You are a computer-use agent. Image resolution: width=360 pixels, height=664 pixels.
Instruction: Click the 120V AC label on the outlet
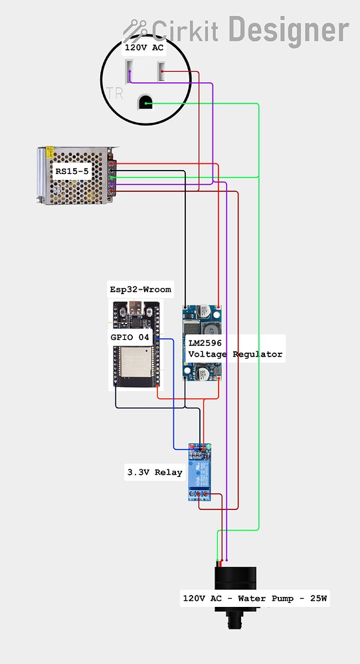click(x=143, y=48)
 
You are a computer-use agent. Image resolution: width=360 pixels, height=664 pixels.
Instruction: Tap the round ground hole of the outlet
click(x=144, y=102)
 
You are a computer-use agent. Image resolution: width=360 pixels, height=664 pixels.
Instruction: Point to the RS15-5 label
click(x=71, y=171)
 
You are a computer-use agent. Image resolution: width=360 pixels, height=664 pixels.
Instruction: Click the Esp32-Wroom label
click(x=140, y=290)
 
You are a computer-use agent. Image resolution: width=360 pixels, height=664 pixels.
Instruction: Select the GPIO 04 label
click(x=130, y=337)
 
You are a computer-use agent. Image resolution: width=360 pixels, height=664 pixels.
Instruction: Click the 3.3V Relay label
click(x=154, y=473)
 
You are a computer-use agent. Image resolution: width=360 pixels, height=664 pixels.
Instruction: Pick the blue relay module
click(x=200, y=472)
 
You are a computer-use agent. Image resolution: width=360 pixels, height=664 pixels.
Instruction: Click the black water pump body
click(x=235, y=578)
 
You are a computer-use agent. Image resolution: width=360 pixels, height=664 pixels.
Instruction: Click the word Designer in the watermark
click(x=288, y=29)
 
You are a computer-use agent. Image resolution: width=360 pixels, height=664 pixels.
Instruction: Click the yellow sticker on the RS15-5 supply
click(x=48, y=153)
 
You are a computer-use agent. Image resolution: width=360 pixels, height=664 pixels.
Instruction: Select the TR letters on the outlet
click(x=114, y=92)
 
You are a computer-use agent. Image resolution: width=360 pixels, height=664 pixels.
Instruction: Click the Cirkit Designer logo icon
click(x=135, y=29)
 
